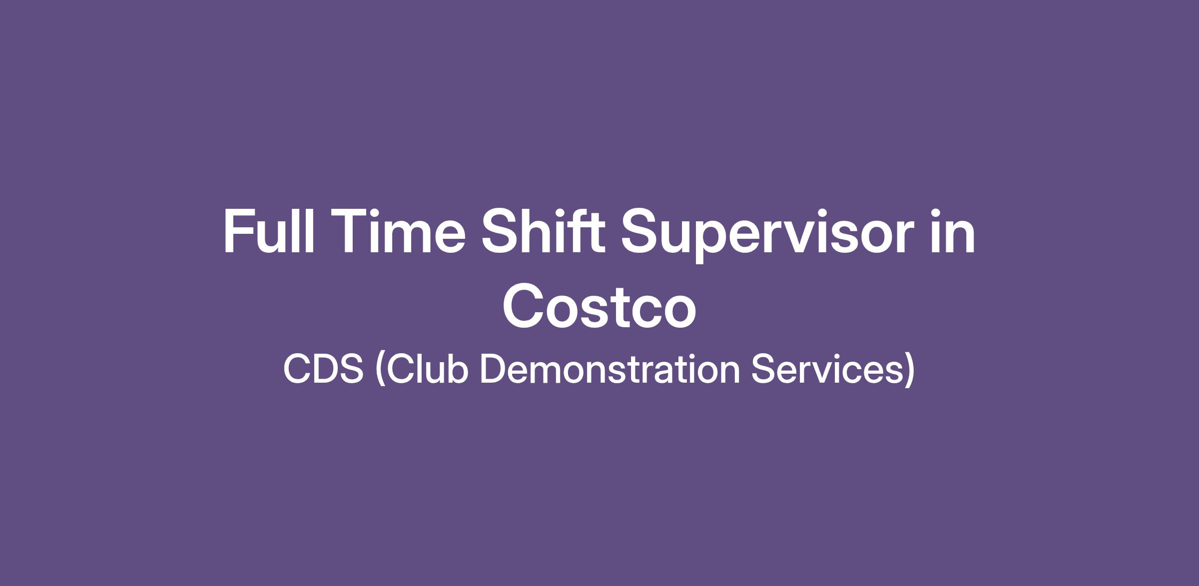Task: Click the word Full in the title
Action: [269, 231]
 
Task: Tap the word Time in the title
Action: [397, 231]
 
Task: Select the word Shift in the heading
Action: [543, 231]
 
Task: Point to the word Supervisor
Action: [767, 235]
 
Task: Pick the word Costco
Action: [599, 305]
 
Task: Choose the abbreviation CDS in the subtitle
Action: [323, 369]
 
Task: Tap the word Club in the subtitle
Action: [427, 369]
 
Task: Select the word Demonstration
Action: [610, 369]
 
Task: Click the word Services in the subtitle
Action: [827, 369]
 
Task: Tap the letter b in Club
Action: [457, 369]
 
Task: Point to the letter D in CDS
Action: [324, 369]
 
